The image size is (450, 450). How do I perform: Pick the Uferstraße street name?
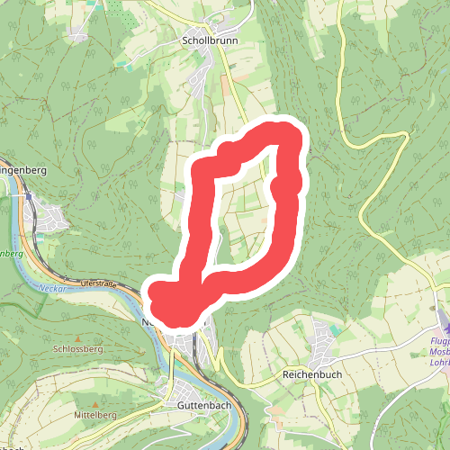tap(99, 283)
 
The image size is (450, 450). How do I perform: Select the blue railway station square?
tap(28, 195)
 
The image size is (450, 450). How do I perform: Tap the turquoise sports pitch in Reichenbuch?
tap(336, 330)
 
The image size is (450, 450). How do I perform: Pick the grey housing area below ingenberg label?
tap(52, 217)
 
